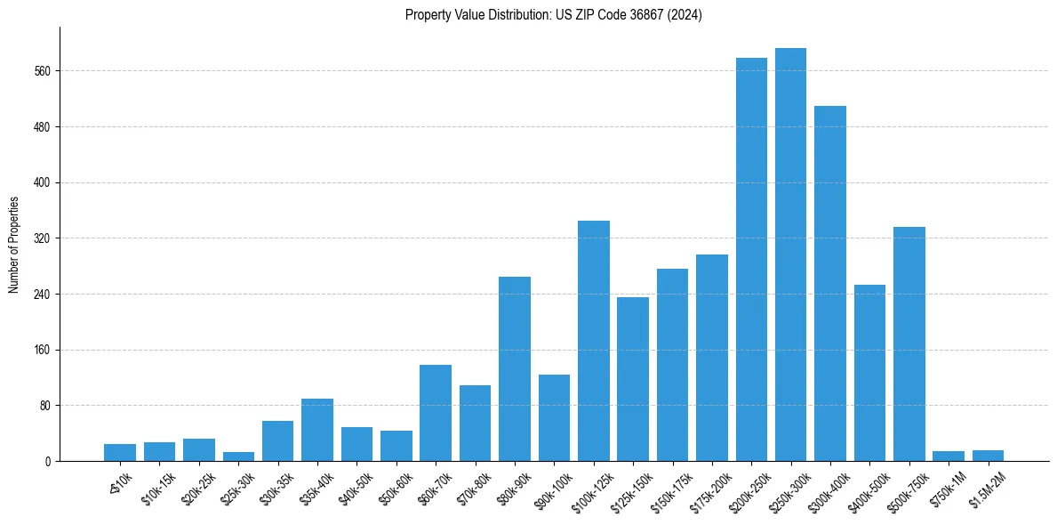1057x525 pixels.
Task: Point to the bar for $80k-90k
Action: pyautogui.click(x=515, y=368)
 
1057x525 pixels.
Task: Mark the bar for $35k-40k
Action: pyautogui.click(x=317, y=430)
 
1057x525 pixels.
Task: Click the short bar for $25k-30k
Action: pyautogui.click(x=238, y=456)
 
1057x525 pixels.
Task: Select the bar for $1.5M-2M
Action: pyautogui.click(x=988, y=456)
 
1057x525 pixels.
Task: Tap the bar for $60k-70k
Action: pyautogui.click(x=436, y=413)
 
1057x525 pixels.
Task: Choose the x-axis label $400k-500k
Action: pyautogui.click(x=868, y=489)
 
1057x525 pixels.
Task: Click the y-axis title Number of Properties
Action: pyautogui.click(x=13, y=245)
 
